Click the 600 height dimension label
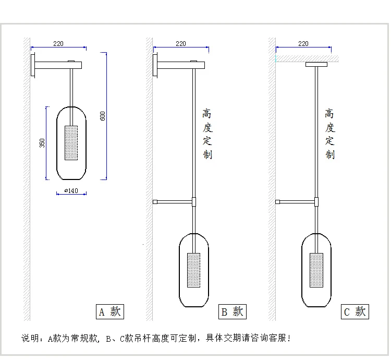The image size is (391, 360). (103, 115)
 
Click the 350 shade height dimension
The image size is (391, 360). (42, 142)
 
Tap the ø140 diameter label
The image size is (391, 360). (71, 191)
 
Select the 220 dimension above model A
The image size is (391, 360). (58, 44)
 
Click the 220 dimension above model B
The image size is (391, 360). (181, 44)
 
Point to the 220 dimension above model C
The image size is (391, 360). (303, 44)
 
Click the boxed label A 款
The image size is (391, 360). (109, 312)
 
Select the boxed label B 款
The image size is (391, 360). (232, 312)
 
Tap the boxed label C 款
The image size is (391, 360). (355, 312)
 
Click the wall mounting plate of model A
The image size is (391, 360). (33, 65)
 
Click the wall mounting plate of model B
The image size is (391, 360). (155, 65)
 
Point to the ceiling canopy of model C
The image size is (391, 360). (316, 65)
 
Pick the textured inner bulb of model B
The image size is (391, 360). (194, 270)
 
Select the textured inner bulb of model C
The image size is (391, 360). (316, 270)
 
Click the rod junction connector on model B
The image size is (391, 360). (194, 201)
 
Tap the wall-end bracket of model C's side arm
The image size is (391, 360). (278, 201)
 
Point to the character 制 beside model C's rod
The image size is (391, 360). (330, 154)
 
